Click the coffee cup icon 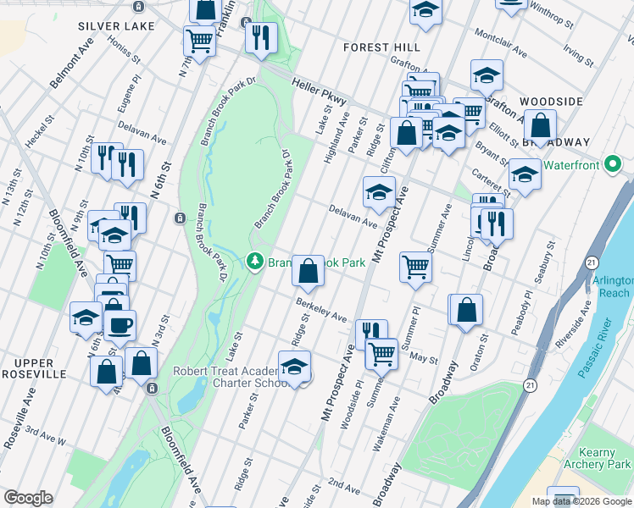(x=120, y=325)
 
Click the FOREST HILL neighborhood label (x=381, y=48)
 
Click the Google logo (x=28, y=498)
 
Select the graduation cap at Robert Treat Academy (x=294, y=367)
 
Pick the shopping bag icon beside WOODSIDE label (x=540, y=126)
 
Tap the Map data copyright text (x=582, y=501)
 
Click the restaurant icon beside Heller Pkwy (x=260, y=37)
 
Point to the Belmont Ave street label (x=71, y=64)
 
